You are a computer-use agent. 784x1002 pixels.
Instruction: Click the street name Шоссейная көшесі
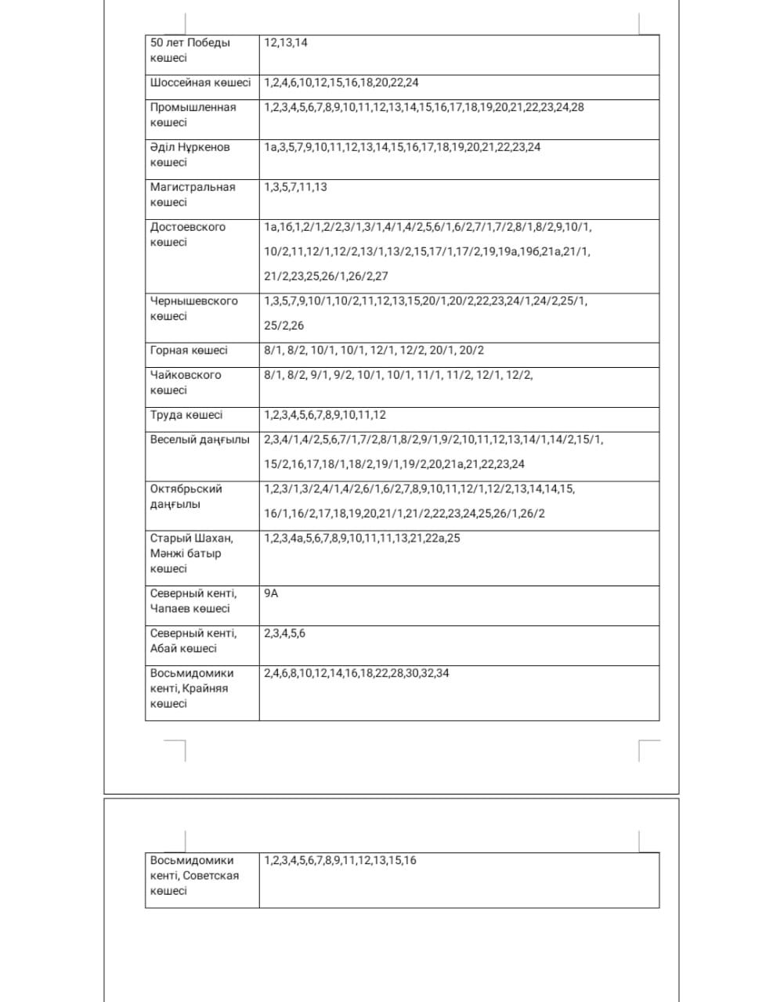[201, 83]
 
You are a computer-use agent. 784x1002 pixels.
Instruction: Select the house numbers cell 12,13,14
[286, 43]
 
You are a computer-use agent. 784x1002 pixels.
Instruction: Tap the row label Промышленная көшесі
[193, 114]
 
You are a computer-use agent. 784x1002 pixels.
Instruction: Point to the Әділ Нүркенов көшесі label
[190, 154]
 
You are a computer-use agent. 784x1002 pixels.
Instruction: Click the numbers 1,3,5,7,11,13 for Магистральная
[295, 187]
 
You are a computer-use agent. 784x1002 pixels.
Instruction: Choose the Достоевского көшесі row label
[187, 234]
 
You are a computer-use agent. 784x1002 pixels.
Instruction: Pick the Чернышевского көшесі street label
[193, 308]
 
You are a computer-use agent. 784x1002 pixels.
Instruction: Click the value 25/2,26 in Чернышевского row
[284, 326]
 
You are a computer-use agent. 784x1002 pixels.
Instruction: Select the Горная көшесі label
[189, 351]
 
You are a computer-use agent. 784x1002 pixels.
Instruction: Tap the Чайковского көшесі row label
[186, 382]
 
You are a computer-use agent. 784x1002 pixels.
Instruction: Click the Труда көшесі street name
[186, 416]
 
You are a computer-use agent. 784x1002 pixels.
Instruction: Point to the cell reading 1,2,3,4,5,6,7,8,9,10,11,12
[325, 416]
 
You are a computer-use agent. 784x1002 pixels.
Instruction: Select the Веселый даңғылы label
[200, 440]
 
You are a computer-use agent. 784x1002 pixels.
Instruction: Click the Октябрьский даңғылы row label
[186, 496]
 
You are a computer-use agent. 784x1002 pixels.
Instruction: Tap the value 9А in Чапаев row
[271, 593]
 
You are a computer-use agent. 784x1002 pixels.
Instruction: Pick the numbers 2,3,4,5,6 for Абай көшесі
[284, 633]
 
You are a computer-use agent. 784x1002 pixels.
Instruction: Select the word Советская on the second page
[211, 876]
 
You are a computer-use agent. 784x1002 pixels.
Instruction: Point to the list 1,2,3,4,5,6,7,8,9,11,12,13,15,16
[340, 860]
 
